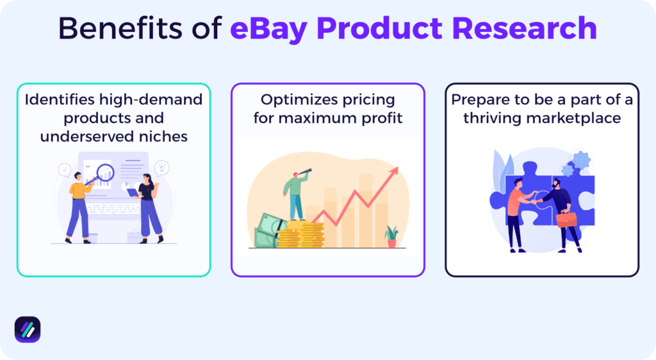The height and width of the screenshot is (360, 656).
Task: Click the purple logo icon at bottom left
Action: click(28, 329)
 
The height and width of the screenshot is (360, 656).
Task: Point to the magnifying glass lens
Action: click(104, 171)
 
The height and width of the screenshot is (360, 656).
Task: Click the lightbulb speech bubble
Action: click(161, 168)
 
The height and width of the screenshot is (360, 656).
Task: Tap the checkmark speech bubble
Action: click(64, 170)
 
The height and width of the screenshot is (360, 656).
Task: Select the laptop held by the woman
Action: click(133, 192)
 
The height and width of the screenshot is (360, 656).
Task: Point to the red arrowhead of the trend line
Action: click(394, 170)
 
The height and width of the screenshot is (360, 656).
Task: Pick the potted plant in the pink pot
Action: click(391, 236)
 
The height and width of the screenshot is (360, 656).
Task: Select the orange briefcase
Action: click(566, 220)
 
